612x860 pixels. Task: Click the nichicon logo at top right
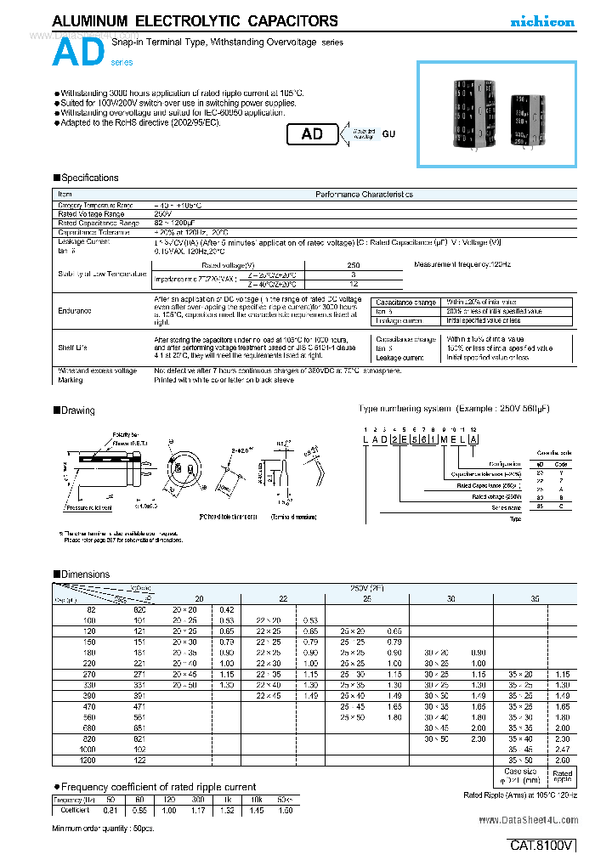(541, 22)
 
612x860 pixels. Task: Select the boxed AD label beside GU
(312, 134)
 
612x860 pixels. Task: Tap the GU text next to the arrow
(388, 134)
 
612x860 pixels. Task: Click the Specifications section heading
(85, 178)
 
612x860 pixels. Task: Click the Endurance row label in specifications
(75, 311)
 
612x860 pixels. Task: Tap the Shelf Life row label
(73, 348)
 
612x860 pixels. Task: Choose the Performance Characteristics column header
(363, 195)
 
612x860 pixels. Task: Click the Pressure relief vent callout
(89, 507)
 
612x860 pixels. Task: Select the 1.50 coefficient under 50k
(285, 810)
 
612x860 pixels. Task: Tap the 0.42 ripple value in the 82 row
(226, 609)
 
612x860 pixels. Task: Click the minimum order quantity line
(93, 827)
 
